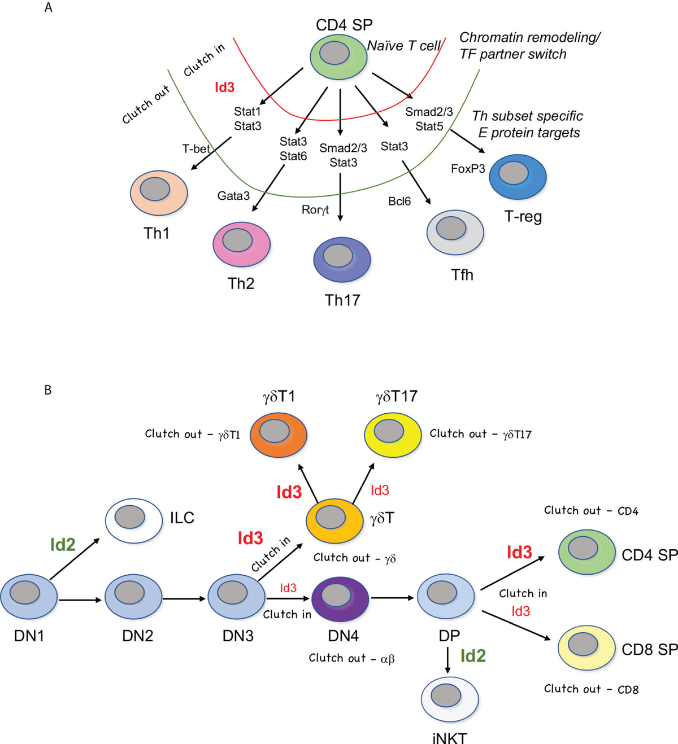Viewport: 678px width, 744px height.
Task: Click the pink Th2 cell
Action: click(x=241, y=245)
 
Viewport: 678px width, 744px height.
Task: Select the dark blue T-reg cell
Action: click(x=517, y=176)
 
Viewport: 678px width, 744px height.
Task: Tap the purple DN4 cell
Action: click(x=340, y=599)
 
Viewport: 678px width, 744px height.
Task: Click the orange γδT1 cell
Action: click(x=278, y=435)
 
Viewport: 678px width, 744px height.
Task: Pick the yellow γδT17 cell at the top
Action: click(x=393, y=435)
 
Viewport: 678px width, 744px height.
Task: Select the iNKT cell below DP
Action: click(x=450, y=699)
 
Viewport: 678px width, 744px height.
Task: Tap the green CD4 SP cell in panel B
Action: click(x=586, y=552)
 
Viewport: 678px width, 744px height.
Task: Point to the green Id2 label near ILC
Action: click(x=63, y=544)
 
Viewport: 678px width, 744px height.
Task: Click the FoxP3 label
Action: click(x=468, y=169)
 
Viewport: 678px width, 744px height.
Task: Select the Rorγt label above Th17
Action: click(x=315, y=210)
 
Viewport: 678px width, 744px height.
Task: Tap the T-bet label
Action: click(x=196, y=149)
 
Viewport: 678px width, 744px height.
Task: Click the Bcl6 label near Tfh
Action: click(x=399, y=202)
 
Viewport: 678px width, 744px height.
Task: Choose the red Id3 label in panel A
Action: click(x=224, y=87)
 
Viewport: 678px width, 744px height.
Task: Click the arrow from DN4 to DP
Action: click(x=393, y=597)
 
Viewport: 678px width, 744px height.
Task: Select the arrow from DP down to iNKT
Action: click(x=448, y=659)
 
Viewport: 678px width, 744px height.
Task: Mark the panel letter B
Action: click(x=48, y=390)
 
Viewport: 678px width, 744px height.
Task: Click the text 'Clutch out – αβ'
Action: click(x=351, y=658)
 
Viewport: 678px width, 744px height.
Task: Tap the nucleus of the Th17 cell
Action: click(x=338, y=256)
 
